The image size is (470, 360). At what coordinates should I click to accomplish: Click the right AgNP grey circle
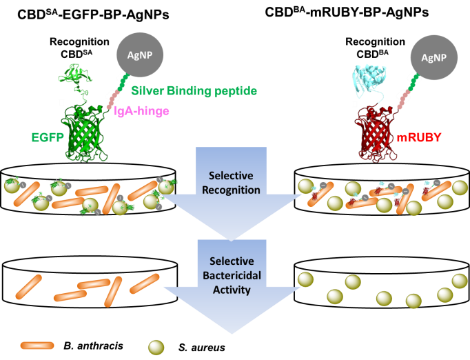tap(433, 57)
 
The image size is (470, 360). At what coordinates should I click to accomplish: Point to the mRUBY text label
tap(419, 137)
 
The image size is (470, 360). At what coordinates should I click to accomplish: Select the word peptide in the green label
tap(236, 91)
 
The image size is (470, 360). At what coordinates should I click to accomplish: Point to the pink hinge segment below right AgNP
tap(401, 101)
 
